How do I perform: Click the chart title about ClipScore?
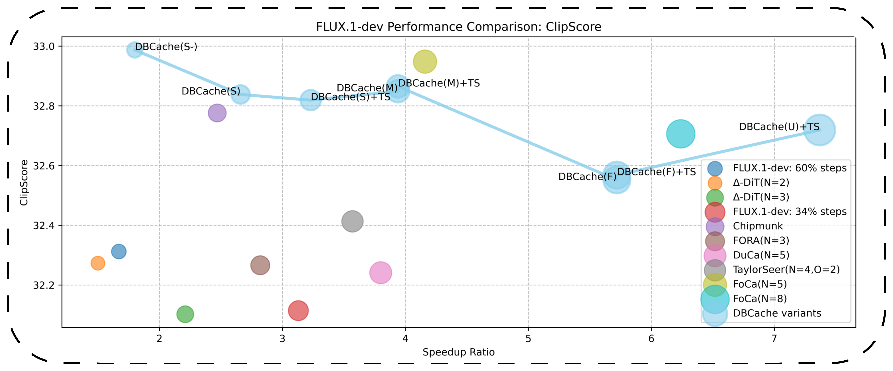point(458,27)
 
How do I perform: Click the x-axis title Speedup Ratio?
point(458,352)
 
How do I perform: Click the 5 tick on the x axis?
point(528,339)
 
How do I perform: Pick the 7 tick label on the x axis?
point(774,339)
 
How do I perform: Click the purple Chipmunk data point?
point(217,113)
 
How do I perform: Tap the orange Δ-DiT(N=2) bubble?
point(98,263)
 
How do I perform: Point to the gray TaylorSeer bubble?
point(352,221)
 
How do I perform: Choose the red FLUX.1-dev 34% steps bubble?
point(298,311)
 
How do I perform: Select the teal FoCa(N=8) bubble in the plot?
point(681,134)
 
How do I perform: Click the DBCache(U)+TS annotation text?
point(779,127)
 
